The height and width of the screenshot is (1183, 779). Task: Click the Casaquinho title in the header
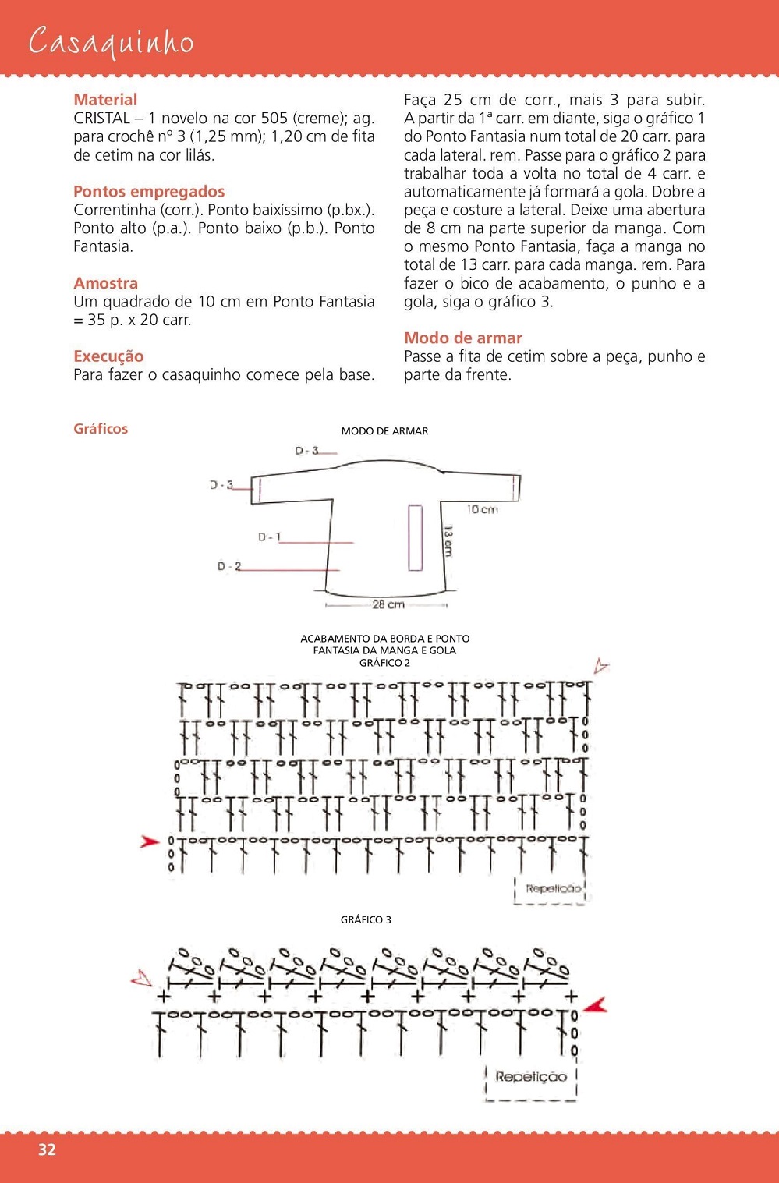(111, 42)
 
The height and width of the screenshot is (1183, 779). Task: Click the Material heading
(105, 100)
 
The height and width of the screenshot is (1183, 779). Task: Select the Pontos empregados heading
(149, 192)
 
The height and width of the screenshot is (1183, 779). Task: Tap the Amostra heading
(105, 283)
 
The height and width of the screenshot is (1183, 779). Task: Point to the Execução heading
(108, 356)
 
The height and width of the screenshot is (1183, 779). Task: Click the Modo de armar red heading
(462, 338)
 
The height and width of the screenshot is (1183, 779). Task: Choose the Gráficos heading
(101, 429)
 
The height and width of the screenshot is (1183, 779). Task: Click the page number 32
(47, 1149)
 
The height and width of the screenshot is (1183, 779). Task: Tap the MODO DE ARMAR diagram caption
(384, 431)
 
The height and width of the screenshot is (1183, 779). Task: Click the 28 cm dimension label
(388, 604)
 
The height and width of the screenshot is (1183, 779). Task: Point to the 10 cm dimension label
(482, 510)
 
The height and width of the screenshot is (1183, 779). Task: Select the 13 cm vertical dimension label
(448, 540)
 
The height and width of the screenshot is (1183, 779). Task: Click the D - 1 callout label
(269, 537)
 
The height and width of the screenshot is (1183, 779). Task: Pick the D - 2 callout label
(229, 567)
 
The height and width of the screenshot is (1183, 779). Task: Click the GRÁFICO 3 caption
(366, 920)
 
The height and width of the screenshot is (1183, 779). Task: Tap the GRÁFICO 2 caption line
(384, 663)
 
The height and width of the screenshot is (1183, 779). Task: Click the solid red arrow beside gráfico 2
(150, 841)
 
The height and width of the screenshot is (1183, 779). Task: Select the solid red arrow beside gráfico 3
(596, 1005)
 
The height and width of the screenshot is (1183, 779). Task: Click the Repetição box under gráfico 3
(531, 1077)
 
